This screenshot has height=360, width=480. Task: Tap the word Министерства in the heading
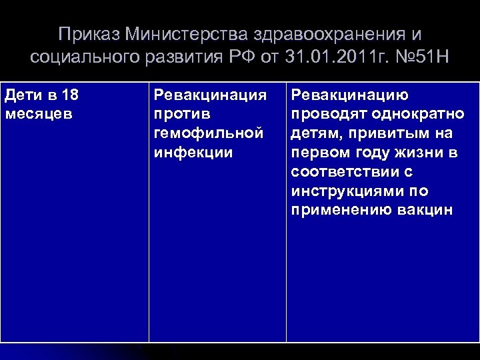click(x=177, y=34)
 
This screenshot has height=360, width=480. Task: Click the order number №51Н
click(x=419, y=57)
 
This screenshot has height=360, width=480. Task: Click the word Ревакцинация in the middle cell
click(x=209, y=95)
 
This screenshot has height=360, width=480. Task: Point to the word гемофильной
click(x=205, y=133)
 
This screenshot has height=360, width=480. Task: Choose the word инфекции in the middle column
click(x=193, y=153)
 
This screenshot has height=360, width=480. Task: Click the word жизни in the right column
click(x=421, y=153)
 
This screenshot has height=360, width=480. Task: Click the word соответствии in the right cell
click(x=347, y=172)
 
